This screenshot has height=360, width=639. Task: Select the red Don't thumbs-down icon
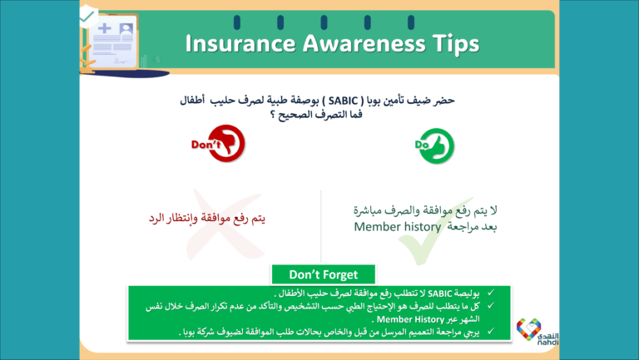[214, 145]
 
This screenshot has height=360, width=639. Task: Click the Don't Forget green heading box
[323, 274]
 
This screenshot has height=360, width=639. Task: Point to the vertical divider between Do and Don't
[321, 224]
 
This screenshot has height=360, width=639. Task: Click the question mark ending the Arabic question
[272, 114]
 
